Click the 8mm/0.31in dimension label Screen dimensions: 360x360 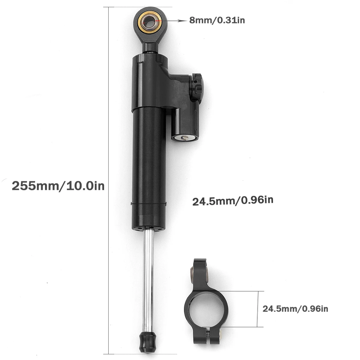(217, 21)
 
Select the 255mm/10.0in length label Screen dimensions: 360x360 (58, 186)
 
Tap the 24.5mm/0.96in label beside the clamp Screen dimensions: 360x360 (295, 308)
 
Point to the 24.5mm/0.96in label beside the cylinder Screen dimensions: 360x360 (232, 200)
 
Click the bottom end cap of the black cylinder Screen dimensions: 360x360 (149, 229)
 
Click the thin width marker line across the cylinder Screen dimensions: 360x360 (149, 204)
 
